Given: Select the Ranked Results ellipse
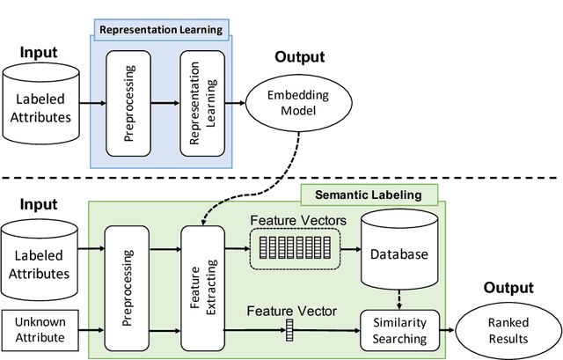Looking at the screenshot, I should (505, 329).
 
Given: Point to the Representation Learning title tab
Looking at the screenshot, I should (159, 29).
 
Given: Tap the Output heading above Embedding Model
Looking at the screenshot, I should (298, 57).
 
